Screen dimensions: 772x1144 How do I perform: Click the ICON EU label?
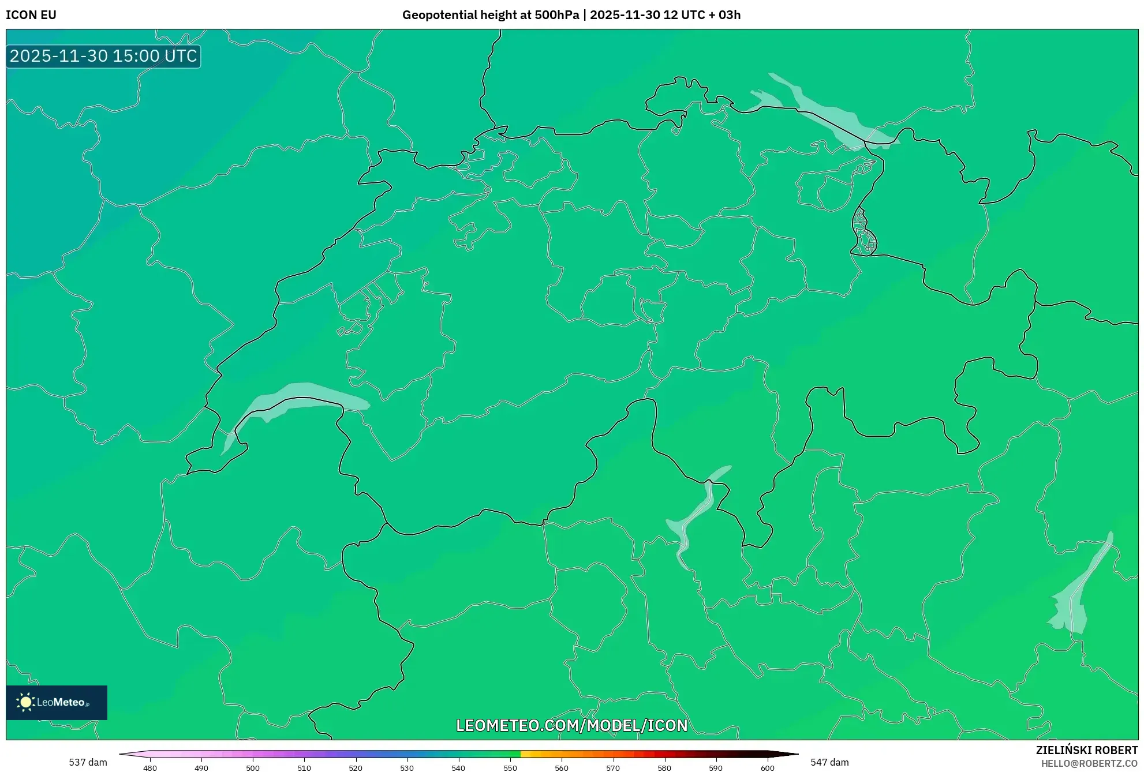tap(31, 15)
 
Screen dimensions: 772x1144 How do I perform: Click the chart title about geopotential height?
tap(571, 15)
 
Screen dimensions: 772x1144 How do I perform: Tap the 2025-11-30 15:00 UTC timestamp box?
tap(103, 56)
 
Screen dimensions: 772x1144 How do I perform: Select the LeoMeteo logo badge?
tap(57, 702)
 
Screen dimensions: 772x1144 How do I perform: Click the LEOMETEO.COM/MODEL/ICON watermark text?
tap(571, 725)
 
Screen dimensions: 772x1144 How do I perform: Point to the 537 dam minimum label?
tap(88, 762)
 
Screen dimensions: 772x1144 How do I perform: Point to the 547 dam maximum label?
tap(829, 762)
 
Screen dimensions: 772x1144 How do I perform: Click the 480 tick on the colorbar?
tap(150, 768)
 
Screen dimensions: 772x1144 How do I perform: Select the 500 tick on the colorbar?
tap(253, 768)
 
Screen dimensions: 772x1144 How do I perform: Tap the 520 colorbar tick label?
tap(356, 768)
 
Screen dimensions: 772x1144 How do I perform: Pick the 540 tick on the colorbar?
tap(458, 768)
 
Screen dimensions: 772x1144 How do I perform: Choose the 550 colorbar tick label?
tap(510, 768)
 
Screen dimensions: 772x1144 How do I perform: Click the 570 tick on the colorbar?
tap(613, 768)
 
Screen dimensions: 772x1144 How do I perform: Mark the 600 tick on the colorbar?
tap(767, 768)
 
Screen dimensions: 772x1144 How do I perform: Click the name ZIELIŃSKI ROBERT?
tap(1087, 750)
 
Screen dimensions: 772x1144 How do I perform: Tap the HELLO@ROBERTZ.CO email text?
tap(1089, 763)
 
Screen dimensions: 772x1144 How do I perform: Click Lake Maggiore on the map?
tap(693, 514)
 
